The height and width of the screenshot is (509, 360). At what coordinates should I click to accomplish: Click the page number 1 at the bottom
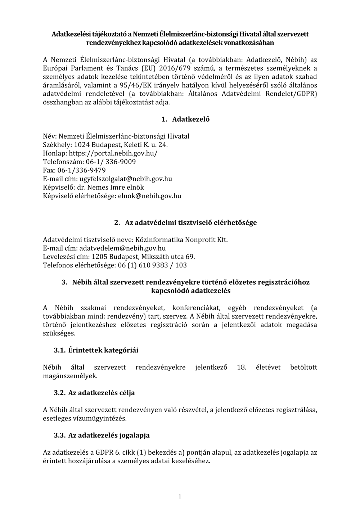click(180, 497)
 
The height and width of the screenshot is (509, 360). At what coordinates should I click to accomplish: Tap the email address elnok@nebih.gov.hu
click(149, 196)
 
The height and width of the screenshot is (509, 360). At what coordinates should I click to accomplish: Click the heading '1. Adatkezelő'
click(185, 120)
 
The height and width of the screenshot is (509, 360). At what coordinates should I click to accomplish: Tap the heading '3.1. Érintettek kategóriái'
click(96, 350)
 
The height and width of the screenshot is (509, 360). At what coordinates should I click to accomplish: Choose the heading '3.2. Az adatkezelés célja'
click(94, 393)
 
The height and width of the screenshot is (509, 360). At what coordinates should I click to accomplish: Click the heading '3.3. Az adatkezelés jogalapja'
click(102, 435)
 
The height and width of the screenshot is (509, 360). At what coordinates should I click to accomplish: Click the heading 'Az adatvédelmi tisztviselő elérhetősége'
click(191, 223)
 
